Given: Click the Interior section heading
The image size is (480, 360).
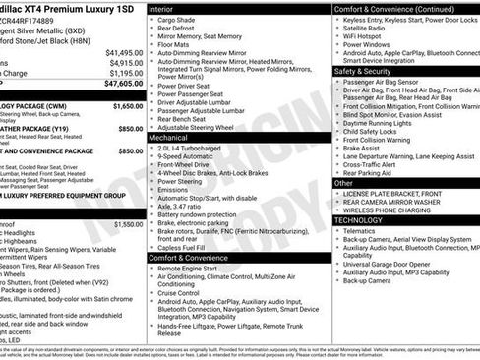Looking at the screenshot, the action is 168,8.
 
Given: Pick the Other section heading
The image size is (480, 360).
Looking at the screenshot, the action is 344,183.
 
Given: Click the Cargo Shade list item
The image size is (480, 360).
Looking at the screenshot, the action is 183,20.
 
